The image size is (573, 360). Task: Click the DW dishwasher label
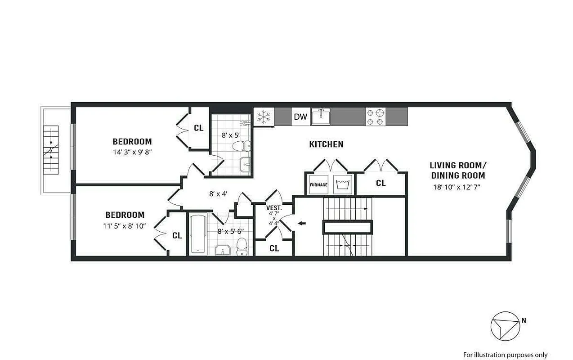click(300, 117)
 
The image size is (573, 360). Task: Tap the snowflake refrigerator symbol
click(264, 117)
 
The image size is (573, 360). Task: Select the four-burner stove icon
click(376, 117)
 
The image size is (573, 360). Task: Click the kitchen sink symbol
click(321, 117)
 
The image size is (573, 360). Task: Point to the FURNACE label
click(318, 185)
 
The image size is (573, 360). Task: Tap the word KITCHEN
click(326, 144)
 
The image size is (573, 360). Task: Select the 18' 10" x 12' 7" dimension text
click(457, 187)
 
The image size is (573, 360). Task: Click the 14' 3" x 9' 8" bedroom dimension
click(132, 152)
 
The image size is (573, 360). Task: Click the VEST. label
click(274, 208)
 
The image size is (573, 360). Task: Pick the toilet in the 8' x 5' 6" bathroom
click(242, 246)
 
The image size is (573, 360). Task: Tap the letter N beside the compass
click(524, 320)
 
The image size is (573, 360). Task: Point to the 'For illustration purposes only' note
click(506, 355)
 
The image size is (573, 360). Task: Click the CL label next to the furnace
click(381, 183)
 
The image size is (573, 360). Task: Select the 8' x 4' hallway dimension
click(218, 194)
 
